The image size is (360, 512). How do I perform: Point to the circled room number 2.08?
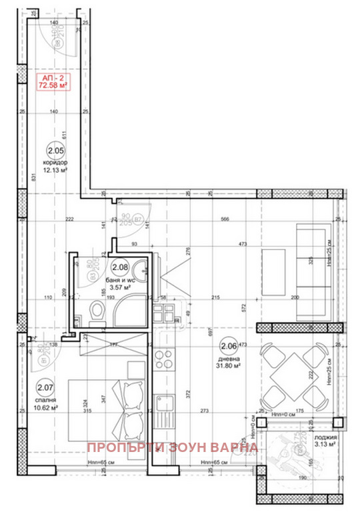coord(120,268)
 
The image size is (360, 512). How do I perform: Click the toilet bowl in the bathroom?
coord(97,311)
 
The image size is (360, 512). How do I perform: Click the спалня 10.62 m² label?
coord(45,402)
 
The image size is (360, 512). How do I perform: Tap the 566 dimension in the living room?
coord(225,220)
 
